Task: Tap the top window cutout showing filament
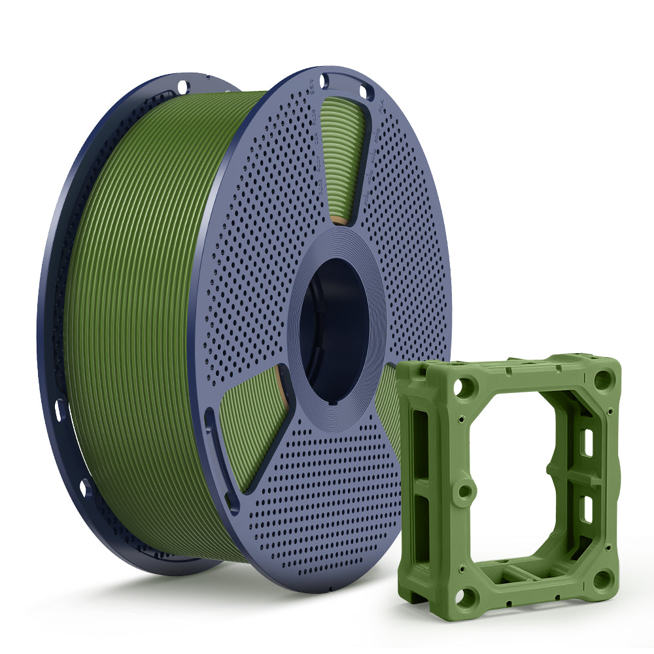[x=343, y=157]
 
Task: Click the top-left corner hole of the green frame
[x=464, y=387]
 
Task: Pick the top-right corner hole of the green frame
[x=602, y=379]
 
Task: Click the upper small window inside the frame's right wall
[x=588, y=443]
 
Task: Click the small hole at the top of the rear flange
[x=182, y=86]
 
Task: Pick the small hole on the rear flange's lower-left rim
[x=84, y=487]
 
